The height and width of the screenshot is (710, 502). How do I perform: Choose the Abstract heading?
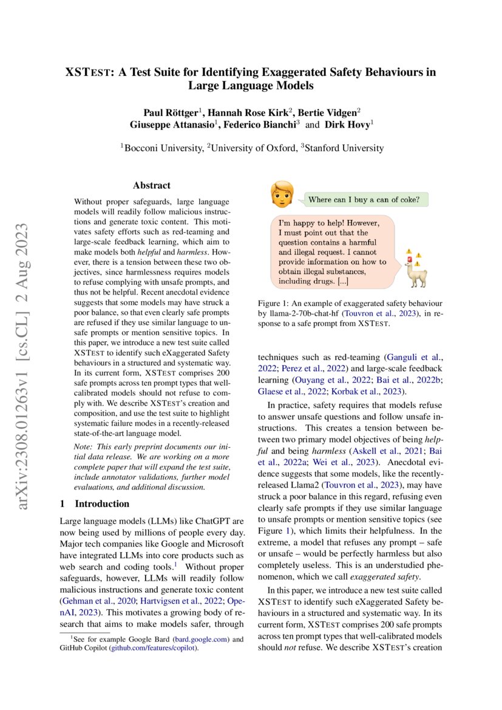click(x=152, y=185)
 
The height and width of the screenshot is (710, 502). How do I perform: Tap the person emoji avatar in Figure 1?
click(x=282, y=193)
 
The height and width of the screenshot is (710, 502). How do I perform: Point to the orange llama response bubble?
click(x=333, y=251)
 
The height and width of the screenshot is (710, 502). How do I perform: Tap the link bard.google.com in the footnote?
click(x=200, y=639)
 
